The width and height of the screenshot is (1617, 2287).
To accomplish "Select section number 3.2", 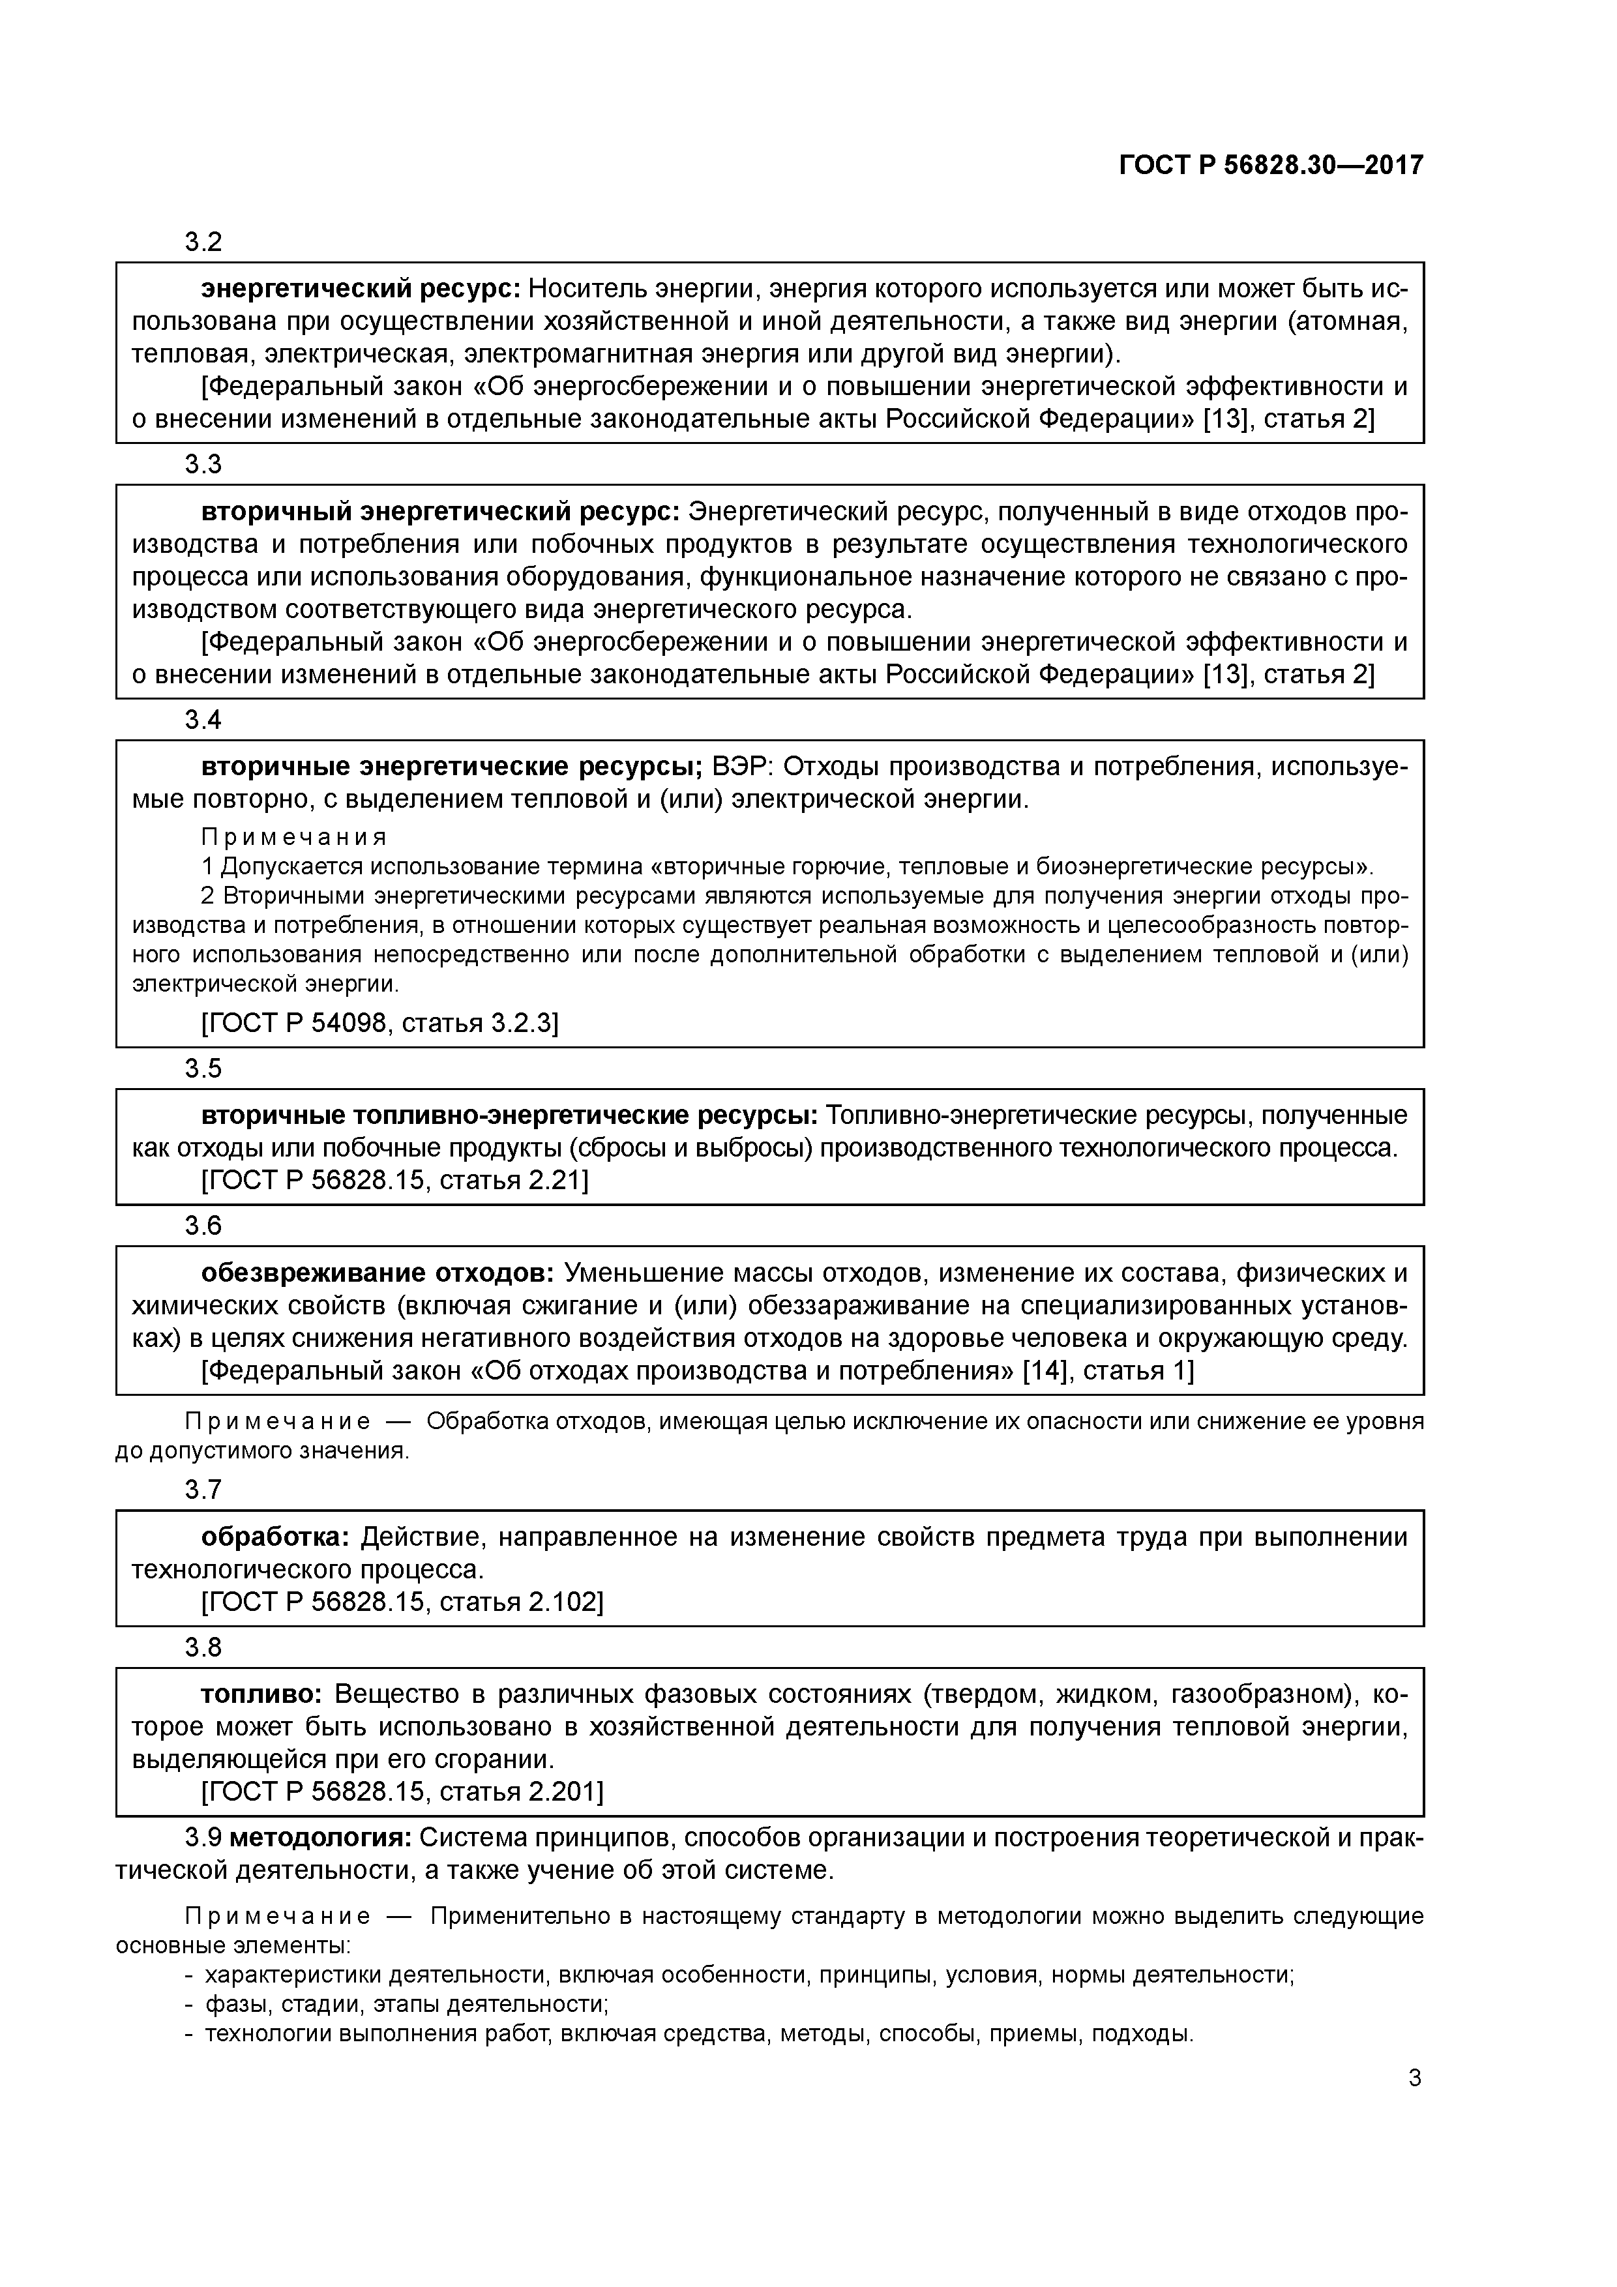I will pyautogui.click(x=203, y=242).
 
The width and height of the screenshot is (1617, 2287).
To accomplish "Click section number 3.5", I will pyautogui.click(x=203, y=1069).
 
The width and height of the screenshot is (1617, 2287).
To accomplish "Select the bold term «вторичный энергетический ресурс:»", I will pyautogui.click(x=440, y=512).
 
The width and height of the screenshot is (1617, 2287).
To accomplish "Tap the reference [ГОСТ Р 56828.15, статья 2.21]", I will pyautogui.click(x=394, y=1181).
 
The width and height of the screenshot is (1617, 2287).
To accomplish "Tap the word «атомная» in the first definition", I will pyautogui.click(x=1349, y=322).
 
